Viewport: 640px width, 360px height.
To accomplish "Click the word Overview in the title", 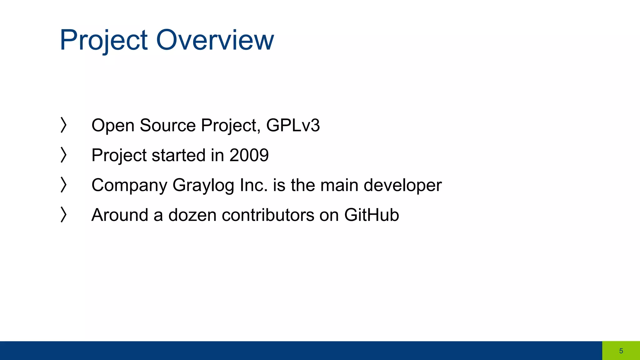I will click(x=215, y=40).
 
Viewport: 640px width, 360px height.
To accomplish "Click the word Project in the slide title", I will click(x=103, y=40).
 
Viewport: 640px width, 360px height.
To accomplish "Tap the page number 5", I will click(x=621, y=351).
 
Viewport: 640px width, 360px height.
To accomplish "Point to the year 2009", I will click(x=249, y=155).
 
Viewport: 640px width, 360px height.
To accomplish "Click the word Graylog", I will click(x=203, y=185).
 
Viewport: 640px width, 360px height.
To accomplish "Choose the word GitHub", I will click(x=371, y=215).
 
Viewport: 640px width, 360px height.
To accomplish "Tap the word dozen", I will click(x=192, y=215).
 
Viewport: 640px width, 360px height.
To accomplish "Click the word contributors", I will click(x=268, y=215).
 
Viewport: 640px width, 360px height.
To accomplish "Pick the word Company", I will click(x=129, y=185).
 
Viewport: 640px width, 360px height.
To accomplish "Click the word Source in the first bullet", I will click(x=167, y=125).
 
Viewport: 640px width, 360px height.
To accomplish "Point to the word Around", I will click(x=120, y=215).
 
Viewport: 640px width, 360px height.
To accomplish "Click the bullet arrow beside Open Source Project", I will click(x=63, y=125).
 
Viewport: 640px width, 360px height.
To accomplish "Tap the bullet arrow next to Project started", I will click(x=63, y=155).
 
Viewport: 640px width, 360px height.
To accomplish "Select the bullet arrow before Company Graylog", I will click(x=63, y=185).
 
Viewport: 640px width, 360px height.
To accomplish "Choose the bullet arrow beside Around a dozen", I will click(x=63, y=215).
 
